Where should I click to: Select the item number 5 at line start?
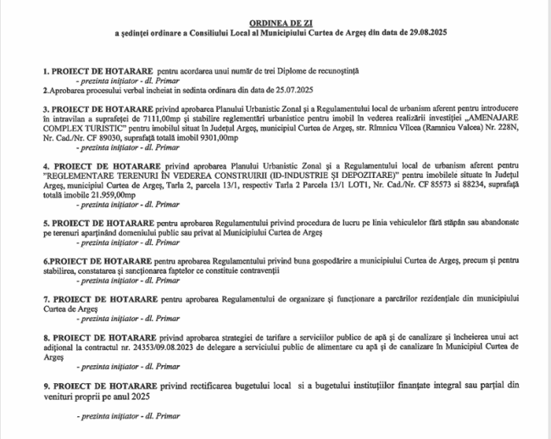(x=45, y=222)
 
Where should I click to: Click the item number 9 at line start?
(x=45, y=386)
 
